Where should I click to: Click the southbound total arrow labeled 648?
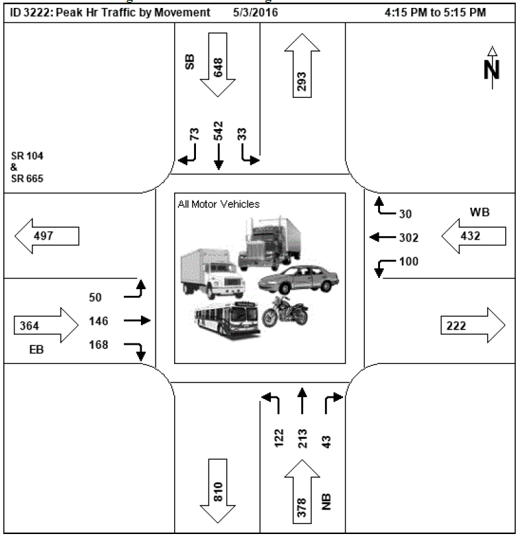218,66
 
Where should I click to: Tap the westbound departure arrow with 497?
46,236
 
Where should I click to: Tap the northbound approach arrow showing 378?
302,496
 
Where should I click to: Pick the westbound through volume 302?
408,236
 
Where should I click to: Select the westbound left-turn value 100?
409,261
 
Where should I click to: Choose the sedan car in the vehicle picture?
298,279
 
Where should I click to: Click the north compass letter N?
491,69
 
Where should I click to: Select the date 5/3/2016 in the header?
256,13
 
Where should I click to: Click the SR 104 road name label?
24,156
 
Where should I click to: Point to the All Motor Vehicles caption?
218,204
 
